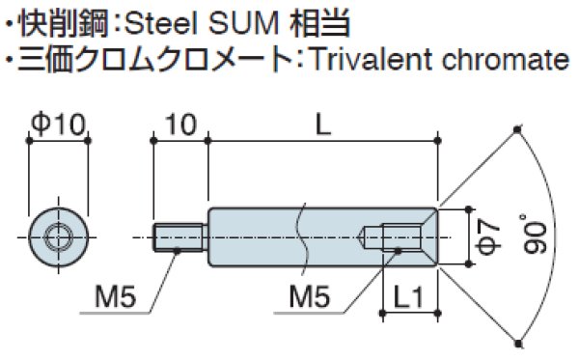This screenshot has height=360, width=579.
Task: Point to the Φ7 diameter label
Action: [x=490, y=232]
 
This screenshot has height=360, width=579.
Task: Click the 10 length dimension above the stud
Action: [x=179, y=123]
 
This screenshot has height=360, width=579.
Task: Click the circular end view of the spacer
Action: [x=59, y=235]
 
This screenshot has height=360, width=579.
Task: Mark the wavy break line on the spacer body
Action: [x=302, y=232]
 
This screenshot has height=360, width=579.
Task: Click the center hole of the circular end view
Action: [x=59, y=235]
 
